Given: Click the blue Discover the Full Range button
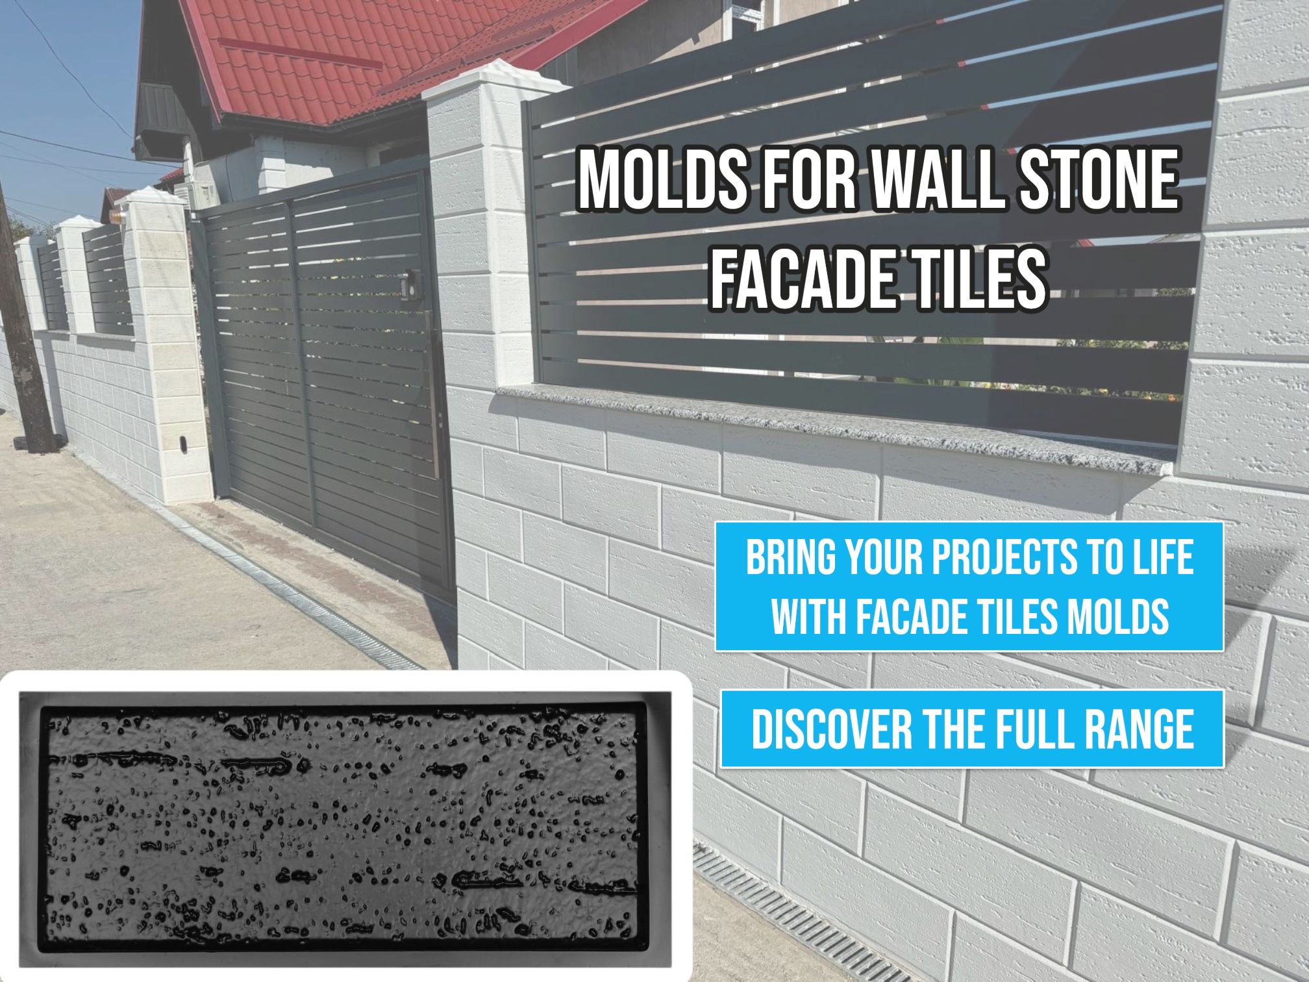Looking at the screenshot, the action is [972, 728].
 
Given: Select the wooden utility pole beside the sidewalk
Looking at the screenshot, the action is [26, 318].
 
